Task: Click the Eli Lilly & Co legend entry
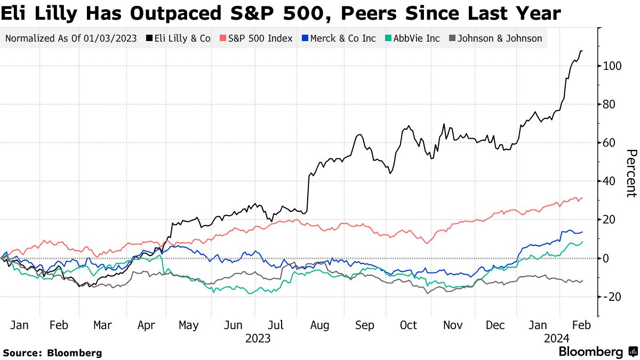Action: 179,38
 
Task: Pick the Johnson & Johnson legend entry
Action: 496,38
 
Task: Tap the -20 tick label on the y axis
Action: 612,297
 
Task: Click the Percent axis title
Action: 631,173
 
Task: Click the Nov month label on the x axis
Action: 452,325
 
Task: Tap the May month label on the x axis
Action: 188,325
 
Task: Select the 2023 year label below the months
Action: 258,338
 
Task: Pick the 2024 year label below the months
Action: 557,338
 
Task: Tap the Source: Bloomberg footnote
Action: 52,353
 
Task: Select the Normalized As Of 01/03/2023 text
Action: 71,38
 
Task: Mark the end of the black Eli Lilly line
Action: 582,51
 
